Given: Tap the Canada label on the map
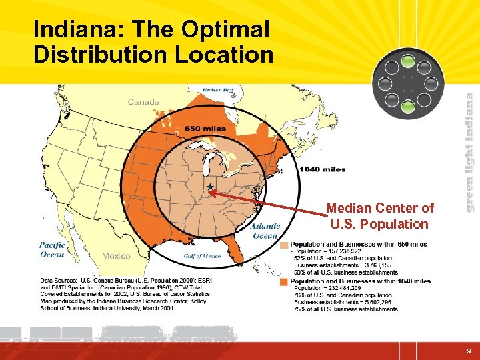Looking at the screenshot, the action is [143, 102].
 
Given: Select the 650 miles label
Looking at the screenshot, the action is [205, 128].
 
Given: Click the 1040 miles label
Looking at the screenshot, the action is [323, 169].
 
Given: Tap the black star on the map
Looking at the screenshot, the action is [210, 187].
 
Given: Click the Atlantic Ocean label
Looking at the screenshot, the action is [265, 231].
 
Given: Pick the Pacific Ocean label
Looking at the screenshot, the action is [51, 249].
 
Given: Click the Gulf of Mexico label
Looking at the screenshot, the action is [201, 256].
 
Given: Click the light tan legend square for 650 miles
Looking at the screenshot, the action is [285, 245].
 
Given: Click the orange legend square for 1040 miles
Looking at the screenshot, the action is [285, 281].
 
